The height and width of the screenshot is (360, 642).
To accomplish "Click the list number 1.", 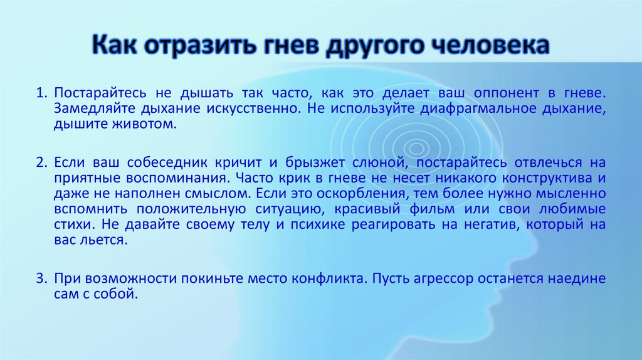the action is pyautogui.click(x=41, y=93).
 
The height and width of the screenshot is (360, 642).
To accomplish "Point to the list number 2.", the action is pyautogui.click(x=41, y=162).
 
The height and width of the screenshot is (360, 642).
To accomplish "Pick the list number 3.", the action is pyautogui.click(x=41, y=278).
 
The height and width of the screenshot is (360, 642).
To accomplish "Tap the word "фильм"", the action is pyautogui.click(x=432, y=209).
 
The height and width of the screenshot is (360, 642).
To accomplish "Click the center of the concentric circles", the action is pyautogui.click(x=416, y=148).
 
